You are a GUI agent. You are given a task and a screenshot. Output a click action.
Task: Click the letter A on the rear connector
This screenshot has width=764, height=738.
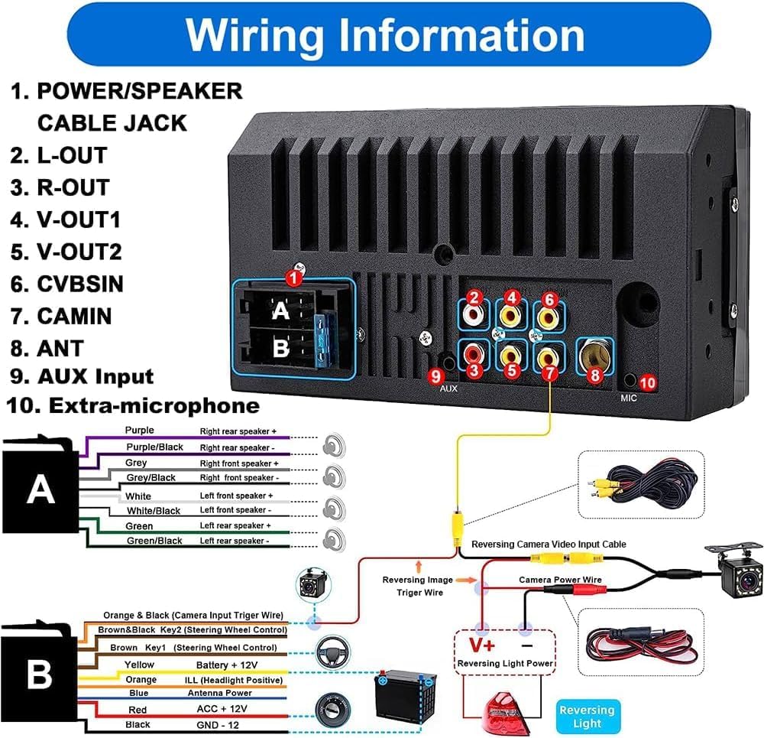[x=281, y=311]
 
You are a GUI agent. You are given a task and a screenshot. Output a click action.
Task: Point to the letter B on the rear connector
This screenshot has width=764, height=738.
[x=281, y=348]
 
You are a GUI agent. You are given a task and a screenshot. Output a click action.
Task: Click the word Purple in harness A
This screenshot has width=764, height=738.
[x=139, y=431]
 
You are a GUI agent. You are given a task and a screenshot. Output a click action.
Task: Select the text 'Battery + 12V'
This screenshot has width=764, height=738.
[x=227, y=665]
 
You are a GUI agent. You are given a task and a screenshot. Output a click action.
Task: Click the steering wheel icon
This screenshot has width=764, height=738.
[x=329, y=650]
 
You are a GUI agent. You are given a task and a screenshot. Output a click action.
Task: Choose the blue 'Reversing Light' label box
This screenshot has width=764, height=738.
[x=587, y=716]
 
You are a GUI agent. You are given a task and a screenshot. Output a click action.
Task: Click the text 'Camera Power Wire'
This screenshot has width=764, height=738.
[x=560, y=580]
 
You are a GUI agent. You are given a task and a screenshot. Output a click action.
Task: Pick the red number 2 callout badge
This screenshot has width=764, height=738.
[x=474, y=298]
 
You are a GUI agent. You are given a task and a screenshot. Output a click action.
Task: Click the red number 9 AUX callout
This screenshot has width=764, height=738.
[x=435, y=375]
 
